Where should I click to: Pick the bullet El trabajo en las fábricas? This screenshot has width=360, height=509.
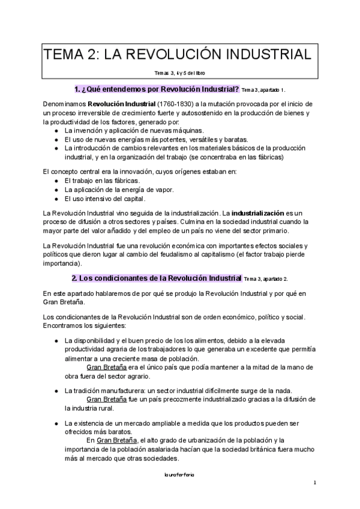102,180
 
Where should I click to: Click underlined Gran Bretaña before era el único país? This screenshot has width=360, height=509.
107,367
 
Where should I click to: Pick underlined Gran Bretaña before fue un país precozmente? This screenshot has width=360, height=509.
107,399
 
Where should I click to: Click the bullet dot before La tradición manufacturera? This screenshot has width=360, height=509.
56,391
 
